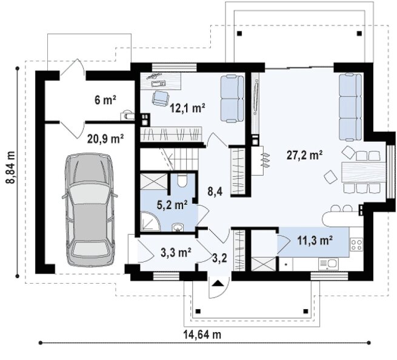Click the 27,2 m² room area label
(304, 155)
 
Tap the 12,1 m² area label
(187, 108)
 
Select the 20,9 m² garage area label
(105, 139)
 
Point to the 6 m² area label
(105, 100)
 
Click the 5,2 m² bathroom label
(172, 205)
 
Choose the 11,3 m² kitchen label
(315, 240)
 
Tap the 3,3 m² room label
(176, 252)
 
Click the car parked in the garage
(90, 210)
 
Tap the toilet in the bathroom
(182, 181)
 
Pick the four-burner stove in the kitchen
(356, 244)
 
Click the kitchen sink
(329, 264)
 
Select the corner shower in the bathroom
(150, 221)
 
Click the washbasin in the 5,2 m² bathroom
(179, 227)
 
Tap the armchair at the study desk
(161, 98)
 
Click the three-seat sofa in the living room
(350, 107)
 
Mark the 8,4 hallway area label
(215, 192)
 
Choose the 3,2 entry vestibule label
(219, 258)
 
